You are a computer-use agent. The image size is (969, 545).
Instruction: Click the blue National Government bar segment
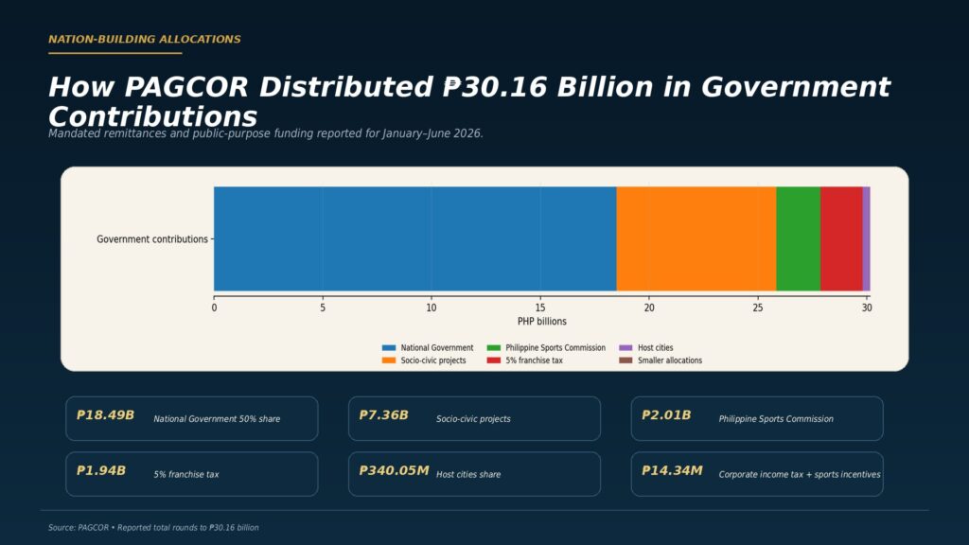(x=415, y=238)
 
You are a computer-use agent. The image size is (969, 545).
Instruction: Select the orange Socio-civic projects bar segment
(x=696, y=238)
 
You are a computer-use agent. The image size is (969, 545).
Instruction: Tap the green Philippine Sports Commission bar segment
(x=799, y=238)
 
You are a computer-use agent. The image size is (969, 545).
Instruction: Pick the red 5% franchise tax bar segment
(x=841, y=238)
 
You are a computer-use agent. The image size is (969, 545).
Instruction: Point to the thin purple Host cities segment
(x=867, y=238)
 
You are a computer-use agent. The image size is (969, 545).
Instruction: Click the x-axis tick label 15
(x=540, y=308)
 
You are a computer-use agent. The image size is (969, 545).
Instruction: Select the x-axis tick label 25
(x=758, y=308)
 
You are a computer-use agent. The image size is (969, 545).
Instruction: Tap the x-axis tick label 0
(x=215, y=308)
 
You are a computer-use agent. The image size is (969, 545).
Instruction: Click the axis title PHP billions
(x=542, y=322)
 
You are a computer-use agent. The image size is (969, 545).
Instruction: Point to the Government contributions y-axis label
(x=152, y=239)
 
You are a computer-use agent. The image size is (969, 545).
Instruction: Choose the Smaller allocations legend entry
(x=661, y=360)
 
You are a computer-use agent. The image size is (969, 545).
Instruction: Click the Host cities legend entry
(x=646, y=348)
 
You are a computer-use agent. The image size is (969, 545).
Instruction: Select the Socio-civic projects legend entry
(x=424, y=360)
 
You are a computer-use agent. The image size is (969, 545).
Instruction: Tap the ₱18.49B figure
(x=105, y=415)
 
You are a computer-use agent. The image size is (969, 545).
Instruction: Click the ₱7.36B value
(x=384, y=415)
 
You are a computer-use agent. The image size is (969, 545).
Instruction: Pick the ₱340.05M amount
(x=394, y=471)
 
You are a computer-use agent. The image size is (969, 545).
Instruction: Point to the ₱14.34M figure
(x=672, y=471)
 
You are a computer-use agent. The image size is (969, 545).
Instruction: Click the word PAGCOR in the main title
(x=186, y=87)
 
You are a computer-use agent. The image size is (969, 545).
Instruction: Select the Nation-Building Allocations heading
(x=145, y=39)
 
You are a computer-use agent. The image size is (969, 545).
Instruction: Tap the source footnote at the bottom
(x=153, y=528)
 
